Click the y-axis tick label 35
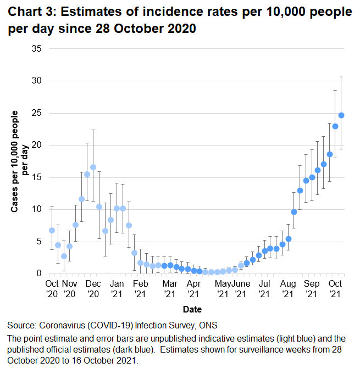[x=37, y=49]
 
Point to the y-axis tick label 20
[x=37, y=145]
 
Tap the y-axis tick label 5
[x=39, y=241]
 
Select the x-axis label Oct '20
[x=52, y=289]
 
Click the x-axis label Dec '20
[x=93, y=289]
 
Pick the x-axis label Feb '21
[x=140, y=289]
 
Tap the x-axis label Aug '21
[x=287, y=289]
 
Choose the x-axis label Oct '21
[x=335, y=289]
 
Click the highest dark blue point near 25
[x=341, y=115]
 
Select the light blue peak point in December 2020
[x=93, y=167]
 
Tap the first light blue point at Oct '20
[x=52, y=230]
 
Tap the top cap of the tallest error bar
[x=341, y=76]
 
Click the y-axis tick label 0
[x=39, y=273]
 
